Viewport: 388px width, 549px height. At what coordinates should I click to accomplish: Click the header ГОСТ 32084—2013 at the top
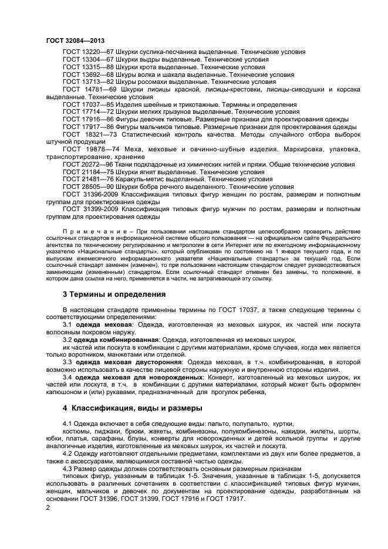click(71, 40)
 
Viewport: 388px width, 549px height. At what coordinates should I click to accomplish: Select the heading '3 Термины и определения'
click(114, 293)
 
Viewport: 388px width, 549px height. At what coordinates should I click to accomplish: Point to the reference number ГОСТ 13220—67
click(88, 52)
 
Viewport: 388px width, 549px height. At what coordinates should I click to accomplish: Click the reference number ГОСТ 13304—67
click(88, 60)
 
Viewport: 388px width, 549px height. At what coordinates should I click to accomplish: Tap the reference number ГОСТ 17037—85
click(88, 104)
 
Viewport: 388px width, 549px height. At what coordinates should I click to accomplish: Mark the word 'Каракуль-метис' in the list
click(143, 179)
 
